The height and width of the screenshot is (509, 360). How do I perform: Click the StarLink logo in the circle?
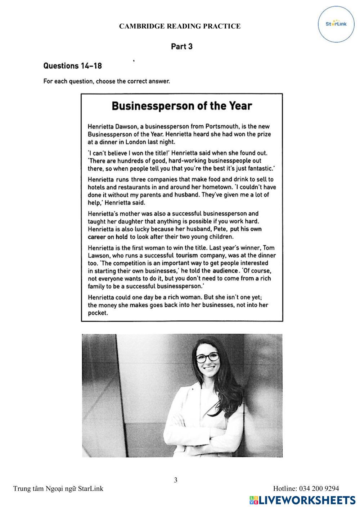click(x=336, y=24)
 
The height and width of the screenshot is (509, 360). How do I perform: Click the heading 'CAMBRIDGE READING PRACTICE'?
click(x=180, y=26)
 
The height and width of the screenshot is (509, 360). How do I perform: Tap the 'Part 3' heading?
click(x=181, y=46)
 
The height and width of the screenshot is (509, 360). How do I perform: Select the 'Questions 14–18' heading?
click(x=72, y=66)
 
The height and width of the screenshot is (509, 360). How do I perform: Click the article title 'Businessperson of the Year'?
click(x=182, y=106)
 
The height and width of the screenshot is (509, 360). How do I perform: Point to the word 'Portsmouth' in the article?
click(x=222, y=126)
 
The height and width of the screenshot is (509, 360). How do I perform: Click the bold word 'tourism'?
click(x=187, y=256)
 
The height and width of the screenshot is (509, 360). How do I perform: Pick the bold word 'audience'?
click(x=225, y=271)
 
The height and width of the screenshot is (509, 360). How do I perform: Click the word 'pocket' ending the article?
click(x=98, y=313)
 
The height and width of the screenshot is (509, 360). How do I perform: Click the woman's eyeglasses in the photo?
click(x=207, y=357)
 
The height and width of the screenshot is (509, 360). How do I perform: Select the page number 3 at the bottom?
click(x=176, y=480)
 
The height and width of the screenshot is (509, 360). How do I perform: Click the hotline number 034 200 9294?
click(x=306, y=488)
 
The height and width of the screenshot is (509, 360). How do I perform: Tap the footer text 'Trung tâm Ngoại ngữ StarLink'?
click(x=58, y=488)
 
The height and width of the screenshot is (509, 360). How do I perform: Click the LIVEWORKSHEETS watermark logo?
click(x=302, y=500)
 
